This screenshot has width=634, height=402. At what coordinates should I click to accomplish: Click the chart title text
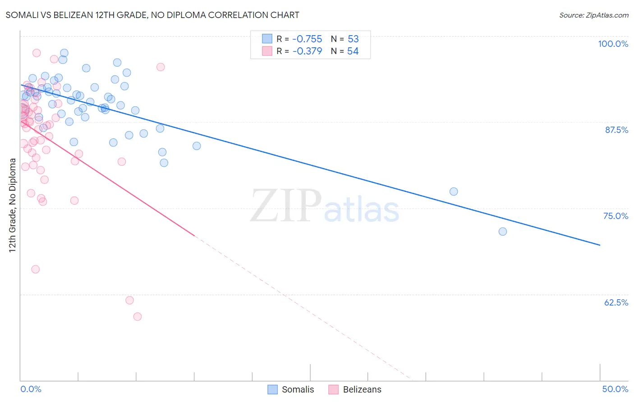(x=152, y=15)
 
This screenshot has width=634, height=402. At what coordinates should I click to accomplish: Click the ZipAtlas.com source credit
(x=593, y=15)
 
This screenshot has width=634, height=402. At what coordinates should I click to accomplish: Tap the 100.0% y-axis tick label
(x=613, y=44)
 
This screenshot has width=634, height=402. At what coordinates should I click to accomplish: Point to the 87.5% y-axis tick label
(x=616, y=130)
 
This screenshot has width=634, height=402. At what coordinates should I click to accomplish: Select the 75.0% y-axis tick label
(x=616, y=216)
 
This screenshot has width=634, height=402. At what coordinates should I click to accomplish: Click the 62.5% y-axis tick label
(x=616, y=302)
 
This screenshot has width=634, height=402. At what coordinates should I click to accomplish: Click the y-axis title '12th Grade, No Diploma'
(x=12, y=205)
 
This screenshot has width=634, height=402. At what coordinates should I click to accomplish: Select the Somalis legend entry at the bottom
(x=291, y=389)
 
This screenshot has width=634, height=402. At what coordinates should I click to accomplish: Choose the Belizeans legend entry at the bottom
(x=355, y=389)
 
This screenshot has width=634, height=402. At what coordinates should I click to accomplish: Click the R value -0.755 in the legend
(x=307, y=39)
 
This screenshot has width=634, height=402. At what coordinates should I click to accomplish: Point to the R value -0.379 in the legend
(x=307, y=51)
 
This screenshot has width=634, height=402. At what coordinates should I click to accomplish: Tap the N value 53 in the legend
(x=353, y=39)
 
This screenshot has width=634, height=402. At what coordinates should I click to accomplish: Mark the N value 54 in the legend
(x=353, y=51)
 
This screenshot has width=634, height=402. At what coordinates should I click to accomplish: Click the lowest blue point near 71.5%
(x=503, y=232)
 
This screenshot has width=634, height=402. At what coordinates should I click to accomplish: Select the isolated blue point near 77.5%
(x=454, y=192)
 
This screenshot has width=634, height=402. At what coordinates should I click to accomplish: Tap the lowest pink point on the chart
(x=138, y=317)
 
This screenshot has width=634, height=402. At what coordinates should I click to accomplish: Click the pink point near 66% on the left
(x=35, y=270)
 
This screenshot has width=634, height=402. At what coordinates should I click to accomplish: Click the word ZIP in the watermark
(x=285, y=206)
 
